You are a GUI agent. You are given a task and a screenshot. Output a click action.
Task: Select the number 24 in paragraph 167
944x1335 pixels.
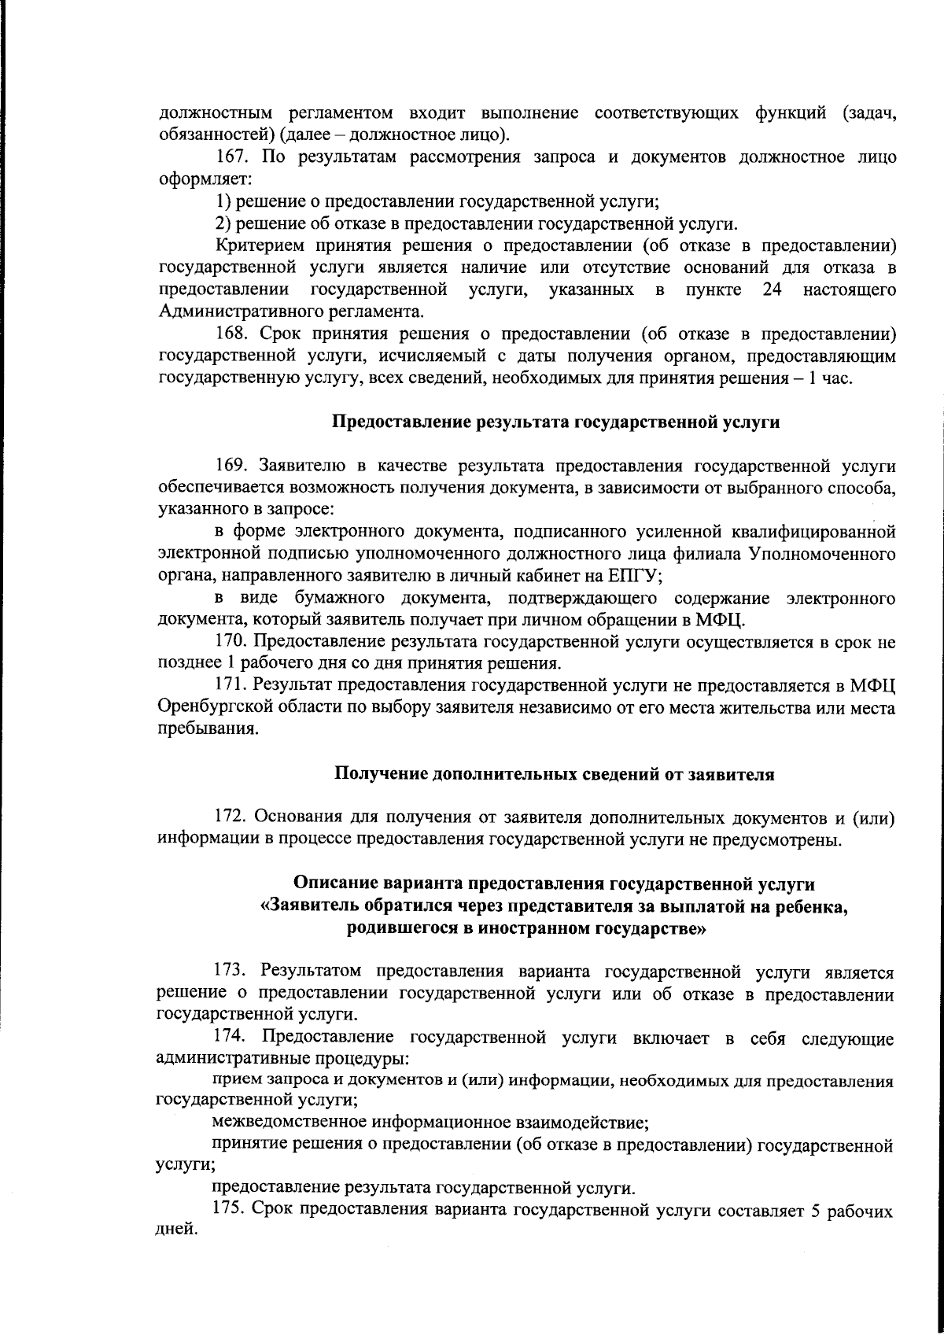pos(772,290)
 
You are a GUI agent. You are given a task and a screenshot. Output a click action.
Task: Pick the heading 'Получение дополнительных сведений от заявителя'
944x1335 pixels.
pos(555,774)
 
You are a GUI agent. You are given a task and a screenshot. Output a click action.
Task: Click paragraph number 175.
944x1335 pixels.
pos(229,1209)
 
